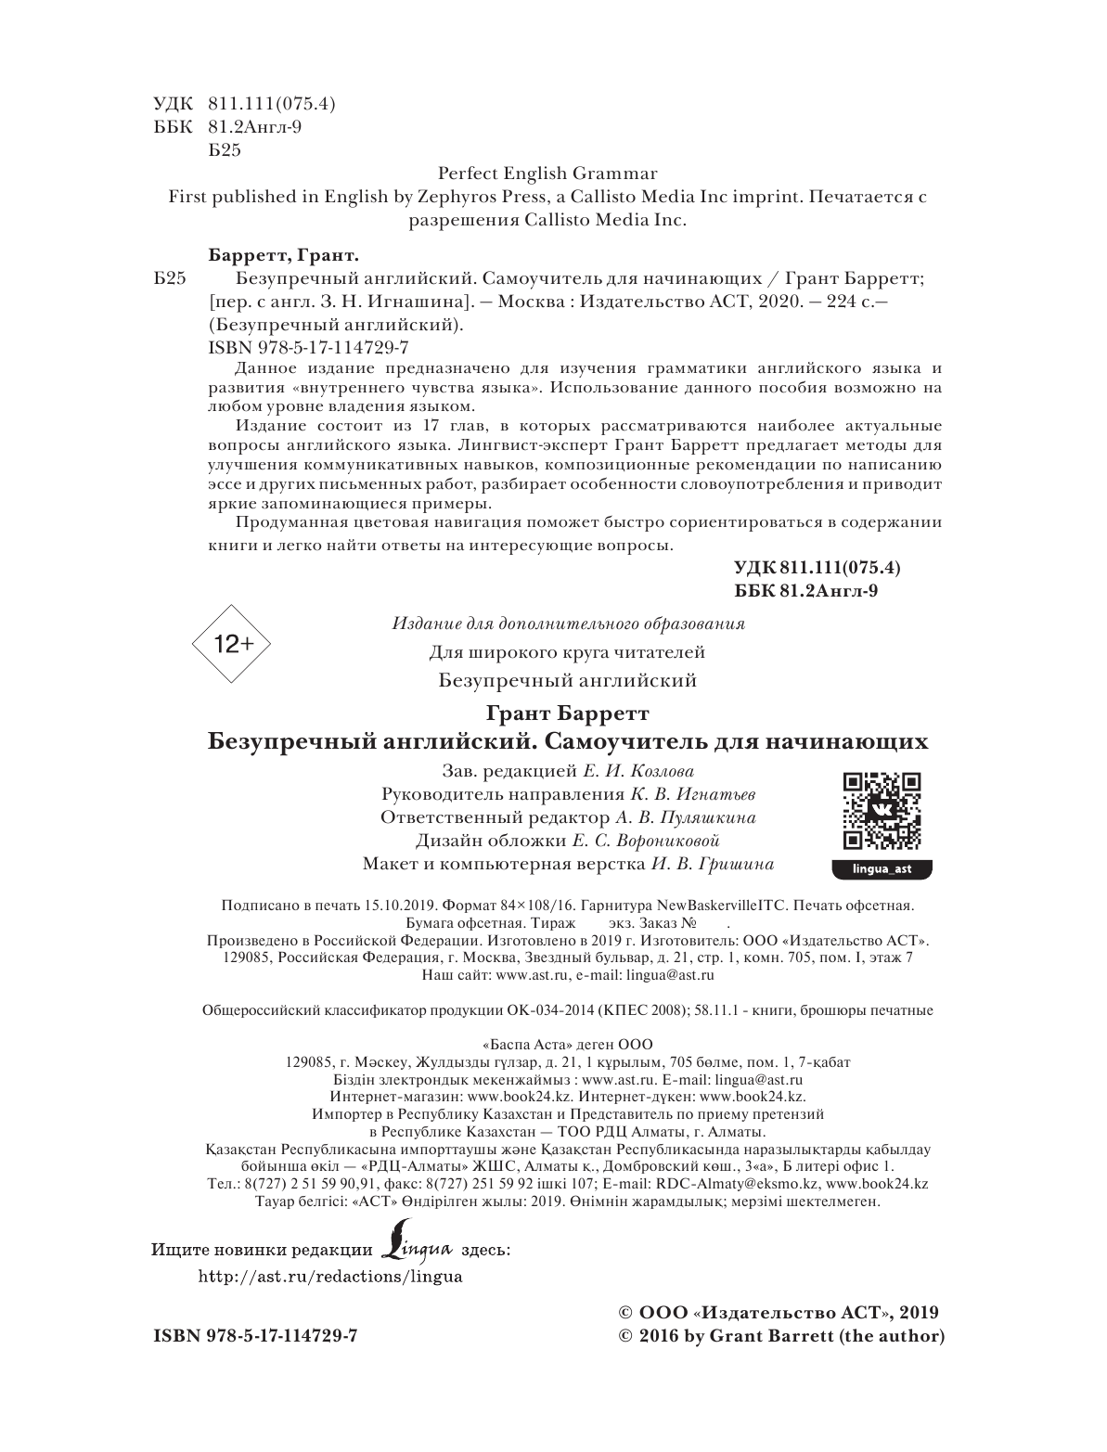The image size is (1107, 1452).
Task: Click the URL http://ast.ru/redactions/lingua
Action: pyautogui.click(x=331, y=1276)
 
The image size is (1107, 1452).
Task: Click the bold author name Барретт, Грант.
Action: pyautogui.click(x=279, y=255)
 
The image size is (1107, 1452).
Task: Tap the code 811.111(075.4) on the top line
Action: pyautogui.click(x=272, y=104)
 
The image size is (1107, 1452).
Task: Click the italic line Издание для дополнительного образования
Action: pyautogui.click(x=568, y=623)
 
